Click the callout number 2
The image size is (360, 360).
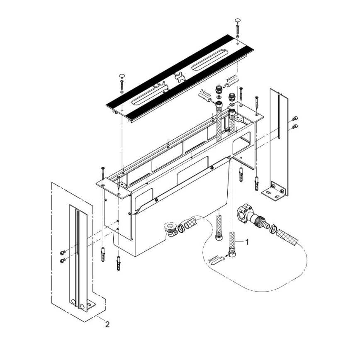pos(107,325)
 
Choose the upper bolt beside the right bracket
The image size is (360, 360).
pos(295,118)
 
